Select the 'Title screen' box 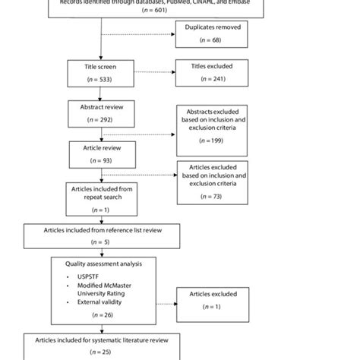tap(101, 72)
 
